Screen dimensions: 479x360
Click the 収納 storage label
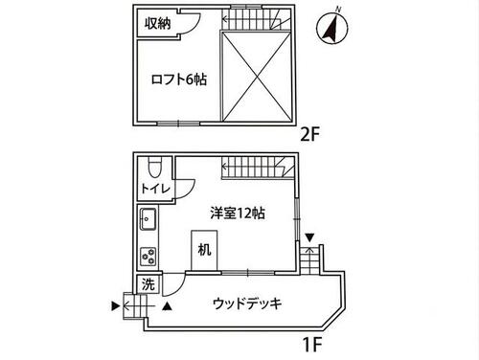click(158, 23)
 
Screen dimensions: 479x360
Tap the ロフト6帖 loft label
click(178, 79)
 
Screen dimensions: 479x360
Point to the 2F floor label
click(310, 135)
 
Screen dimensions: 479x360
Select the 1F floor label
click(312, 345)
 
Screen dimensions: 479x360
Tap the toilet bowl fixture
click(155, 169)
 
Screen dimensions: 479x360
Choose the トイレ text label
click(155, 189)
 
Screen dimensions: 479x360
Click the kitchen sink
click(148, 219)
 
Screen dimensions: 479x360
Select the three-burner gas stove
click(148, 257)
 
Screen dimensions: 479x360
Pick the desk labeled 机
click(204, 251)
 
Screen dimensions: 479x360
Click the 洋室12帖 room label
click(238, 214)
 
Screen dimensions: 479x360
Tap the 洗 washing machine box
click(148, 283)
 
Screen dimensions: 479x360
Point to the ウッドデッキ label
click(247, 304)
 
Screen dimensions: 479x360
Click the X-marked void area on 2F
click(257, 77)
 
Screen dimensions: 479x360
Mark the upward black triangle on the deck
click(167, 306)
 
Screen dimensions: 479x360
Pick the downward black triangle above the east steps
click(310, 237)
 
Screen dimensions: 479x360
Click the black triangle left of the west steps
click(115, 306)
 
